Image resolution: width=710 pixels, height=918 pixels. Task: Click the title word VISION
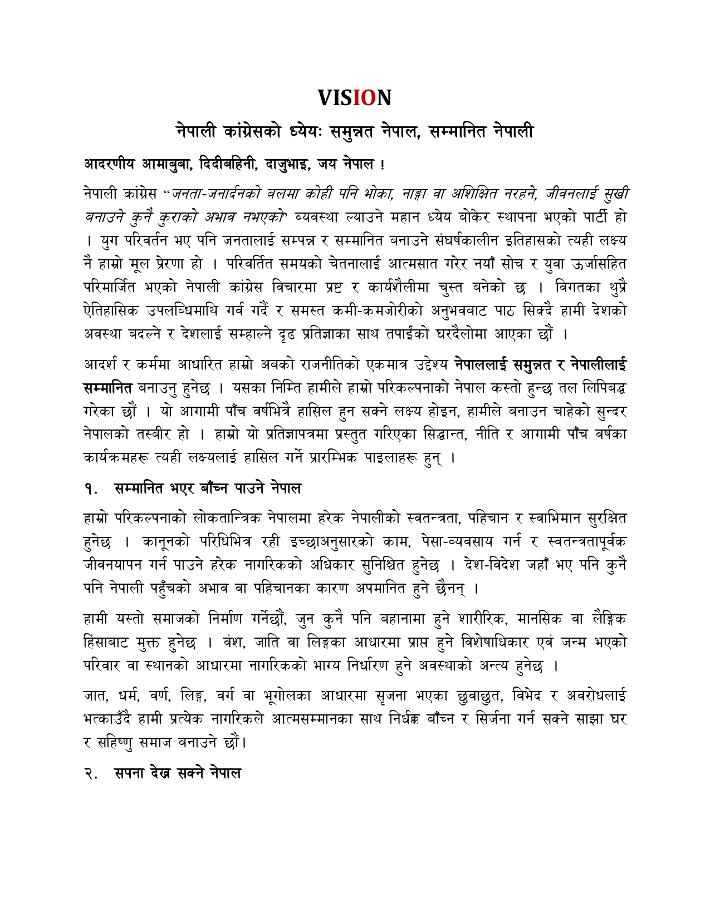click(x=355, y=98)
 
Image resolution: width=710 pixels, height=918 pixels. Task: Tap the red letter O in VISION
click(x=369, y=98)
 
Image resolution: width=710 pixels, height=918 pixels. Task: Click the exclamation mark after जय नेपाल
click(x=382, y=165)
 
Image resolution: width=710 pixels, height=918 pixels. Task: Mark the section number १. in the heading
click(x=91, y=489)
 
